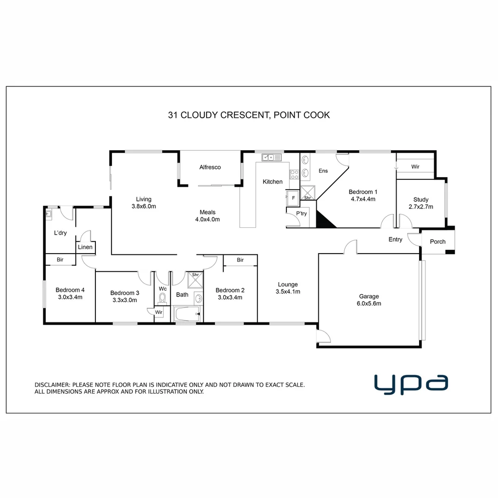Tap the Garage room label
(x=369, y=296)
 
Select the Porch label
(x=438, y=242)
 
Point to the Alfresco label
(x=210, y=167)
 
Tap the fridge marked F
(x=293, y=197)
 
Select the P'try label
(x=301, y=213)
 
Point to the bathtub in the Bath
(x=187, y=314)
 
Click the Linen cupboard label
(x=85, y=247)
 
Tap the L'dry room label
(x=60, y=233)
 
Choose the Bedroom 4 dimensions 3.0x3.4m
(x=70, y=297)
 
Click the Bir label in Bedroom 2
(x=240, y=260)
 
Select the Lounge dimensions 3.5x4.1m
(x=288, y=291)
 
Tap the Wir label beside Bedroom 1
(x=415, y=166)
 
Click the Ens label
(x=323, y=171)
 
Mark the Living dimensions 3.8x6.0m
(x=143, y=207)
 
